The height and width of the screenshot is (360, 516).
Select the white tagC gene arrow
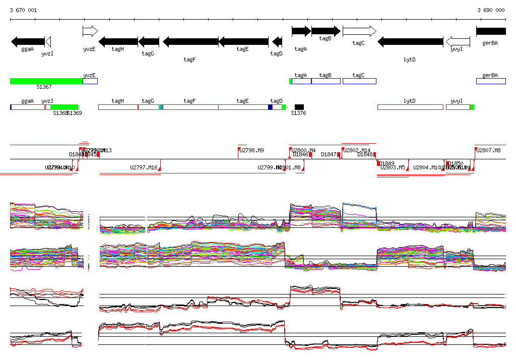(359, 31)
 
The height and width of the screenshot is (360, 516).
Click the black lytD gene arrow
(410, 41)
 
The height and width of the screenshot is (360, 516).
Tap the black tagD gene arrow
(277, 41)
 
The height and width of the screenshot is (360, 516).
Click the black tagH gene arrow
(118, 41)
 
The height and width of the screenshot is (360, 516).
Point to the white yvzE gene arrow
(90, 31)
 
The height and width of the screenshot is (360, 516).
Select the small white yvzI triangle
(48, 41)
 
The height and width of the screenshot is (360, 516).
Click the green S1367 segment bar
(46, 81)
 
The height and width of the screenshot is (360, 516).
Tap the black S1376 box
(299, 107)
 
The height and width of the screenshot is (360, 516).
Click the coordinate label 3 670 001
(23, 10)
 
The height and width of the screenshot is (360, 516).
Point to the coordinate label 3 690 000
(491, 10)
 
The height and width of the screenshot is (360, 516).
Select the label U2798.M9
(251, 150)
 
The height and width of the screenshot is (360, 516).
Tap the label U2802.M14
(357, 150)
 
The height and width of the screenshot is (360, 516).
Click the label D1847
(329, 154)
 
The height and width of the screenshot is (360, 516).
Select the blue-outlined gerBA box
(491, 81)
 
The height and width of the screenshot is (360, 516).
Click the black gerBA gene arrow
(491, 31)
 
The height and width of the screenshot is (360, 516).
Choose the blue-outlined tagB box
(326, 81)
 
